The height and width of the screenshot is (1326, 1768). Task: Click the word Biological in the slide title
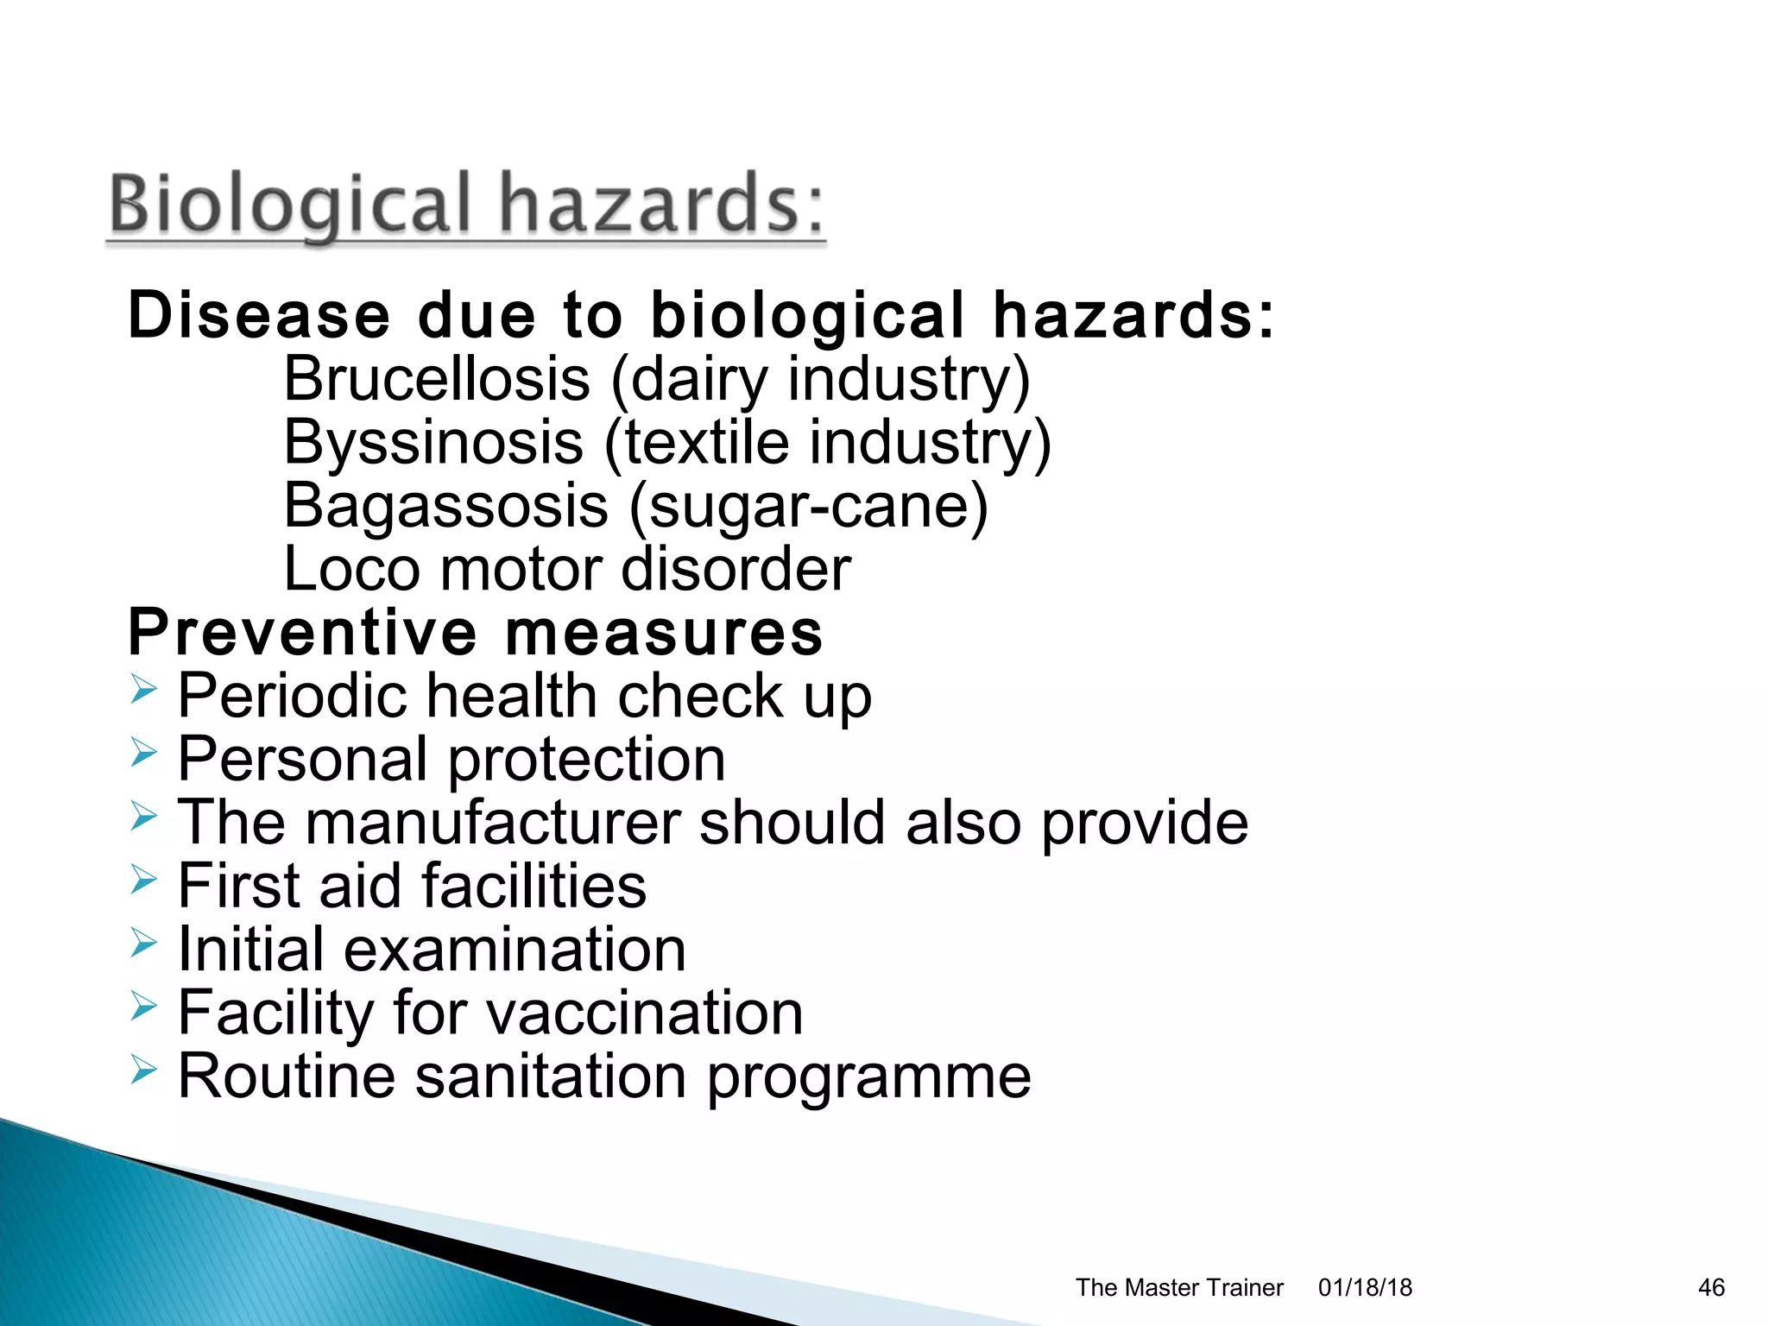(290, 204)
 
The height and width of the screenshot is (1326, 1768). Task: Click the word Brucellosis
(437, 379)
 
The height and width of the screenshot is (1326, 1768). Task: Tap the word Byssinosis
(433, 442)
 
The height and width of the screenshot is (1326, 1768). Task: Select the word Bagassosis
(445, 506)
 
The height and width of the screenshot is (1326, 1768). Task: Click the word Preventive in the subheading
(302, 633)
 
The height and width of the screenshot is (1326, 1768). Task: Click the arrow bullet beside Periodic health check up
(144, 690)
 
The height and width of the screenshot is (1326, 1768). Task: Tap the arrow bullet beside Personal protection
(144, 753)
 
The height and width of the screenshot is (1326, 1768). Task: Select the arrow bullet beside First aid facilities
(144, 880)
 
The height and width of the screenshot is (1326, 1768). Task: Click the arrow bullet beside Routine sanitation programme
(144, 1070)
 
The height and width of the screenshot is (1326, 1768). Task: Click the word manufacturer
(493, 822)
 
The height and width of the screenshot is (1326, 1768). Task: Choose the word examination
(515, 950)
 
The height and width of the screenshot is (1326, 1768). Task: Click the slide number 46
(1711, 1287)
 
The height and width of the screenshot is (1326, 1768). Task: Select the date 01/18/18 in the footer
(1365, 1287)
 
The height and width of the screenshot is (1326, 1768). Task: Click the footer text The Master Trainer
(1179, 1287)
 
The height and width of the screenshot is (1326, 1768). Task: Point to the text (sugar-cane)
(808, 506)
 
